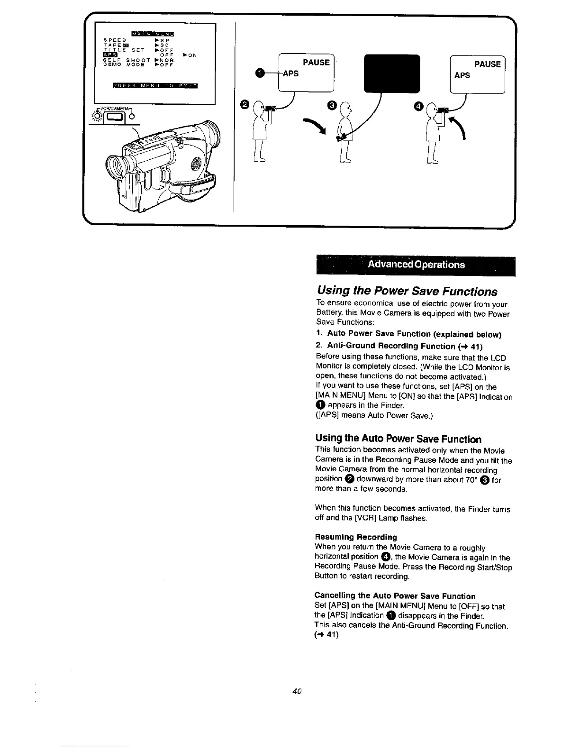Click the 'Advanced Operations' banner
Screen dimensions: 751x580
pyautogui.click(x=416, y=265)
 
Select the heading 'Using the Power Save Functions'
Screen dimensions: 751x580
pyautogui.click(x=407, y=291)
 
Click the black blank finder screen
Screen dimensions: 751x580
pyautogui.click(x=391, y=73)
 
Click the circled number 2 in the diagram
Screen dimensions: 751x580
pyautogui.click(x=245, y=104)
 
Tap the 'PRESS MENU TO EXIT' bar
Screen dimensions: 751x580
pyautogui.click(x=155, y=85)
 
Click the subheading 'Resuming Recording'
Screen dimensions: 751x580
pyautogui.click(x=356, y=537)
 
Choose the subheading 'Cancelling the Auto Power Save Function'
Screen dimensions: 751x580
pyautogui.click(x=395, y=596)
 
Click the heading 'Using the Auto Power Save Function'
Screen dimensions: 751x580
pyautogui.click(x=398, y=439)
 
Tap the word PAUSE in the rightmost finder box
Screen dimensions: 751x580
pyautogui.click(x=487, y=64)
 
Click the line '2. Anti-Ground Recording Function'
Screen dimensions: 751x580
pyautogui.click(x=392, y=346)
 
